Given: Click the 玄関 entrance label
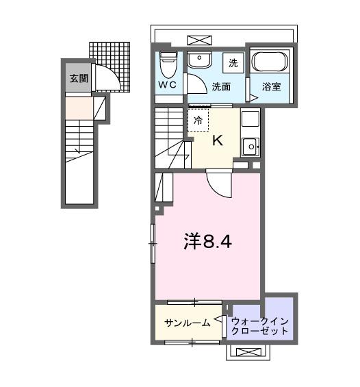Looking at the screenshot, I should [78, 79].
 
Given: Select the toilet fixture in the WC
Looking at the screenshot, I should [168, 66].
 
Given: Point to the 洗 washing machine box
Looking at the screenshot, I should [233, 63].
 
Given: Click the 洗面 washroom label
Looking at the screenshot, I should [220, 86].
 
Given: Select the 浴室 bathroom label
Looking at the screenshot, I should [272, 87].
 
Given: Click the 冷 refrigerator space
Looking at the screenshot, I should [198, 119].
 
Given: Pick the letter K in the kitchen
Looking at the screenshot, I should [218, 141].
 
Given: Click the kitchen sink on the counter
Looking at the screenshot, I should [250, 145].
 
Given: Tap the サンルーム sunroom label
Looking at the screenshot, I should [186, 323].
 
